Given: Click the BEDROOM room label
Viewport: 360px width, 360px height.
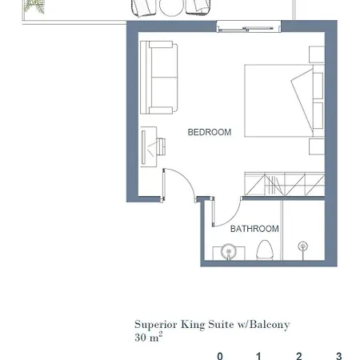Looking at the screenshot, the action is [210, 132].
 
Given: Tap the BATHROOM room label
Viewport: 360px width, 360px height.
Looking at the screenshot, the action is [254, 229].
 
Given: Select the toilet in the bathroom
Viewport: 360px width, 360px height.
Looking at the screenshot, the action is [265, 250].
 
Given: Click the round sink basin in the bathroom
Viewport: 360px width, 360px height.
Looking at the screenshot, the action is [229, 251].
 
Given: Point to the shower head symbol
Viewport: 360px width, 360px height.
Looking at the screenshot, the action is [302, 246].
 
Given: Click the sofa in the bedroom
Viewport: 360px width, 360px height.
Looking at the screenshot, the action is [159, 78].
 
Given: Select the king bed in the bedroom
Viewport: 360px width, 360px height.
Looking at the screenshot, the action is [285, 101].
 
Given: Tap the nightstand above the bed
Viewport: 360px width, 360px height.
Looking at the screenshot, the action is [317, 54].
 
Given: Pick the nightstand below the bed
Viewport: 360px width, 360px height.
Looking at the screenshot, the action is [317, 146].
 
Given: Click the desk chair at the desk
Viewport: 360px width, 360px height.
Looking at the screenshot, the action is [161, 146].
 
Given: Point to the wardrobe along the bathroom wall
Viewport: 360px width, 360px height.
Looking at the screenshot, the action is [285, 184].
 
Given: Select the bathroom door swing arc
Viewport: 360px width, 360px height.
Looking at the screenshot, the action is [231, 218].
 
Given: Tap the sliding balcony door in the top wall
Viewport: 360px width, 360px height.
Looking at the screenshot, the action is [249, 28].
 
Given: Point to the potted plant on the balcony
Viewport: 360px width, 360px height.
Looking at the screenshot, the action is [34, 6].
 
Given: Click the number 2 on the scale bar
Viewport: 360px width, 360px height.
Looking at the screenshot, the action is [299, 356].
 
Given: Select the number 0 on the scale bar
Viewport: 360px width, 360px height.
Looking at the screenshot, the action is [220, 356].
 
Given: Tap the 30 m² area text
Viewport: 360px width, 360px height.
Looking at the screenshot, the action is [149, 337].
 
